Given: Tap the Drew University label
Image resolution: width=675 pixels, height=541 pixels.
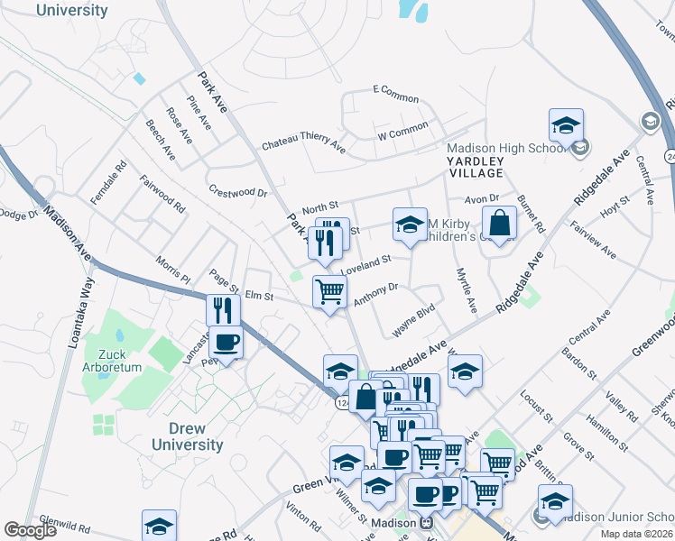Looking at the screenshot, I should pos(187,436).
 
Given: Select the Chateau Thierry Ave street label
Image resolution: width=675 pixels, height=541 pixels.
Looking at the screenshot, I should pos(303,143).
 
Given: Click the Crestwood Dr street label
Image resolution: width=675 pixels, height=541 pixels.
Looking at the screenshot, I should pos(238,191).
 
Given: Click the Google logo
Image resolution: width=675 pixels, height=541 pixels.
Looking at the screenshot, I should pos(30,530).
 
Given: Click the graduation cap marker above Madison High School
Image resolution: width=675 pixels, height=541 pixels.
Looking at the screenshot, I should pos(566,125).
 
